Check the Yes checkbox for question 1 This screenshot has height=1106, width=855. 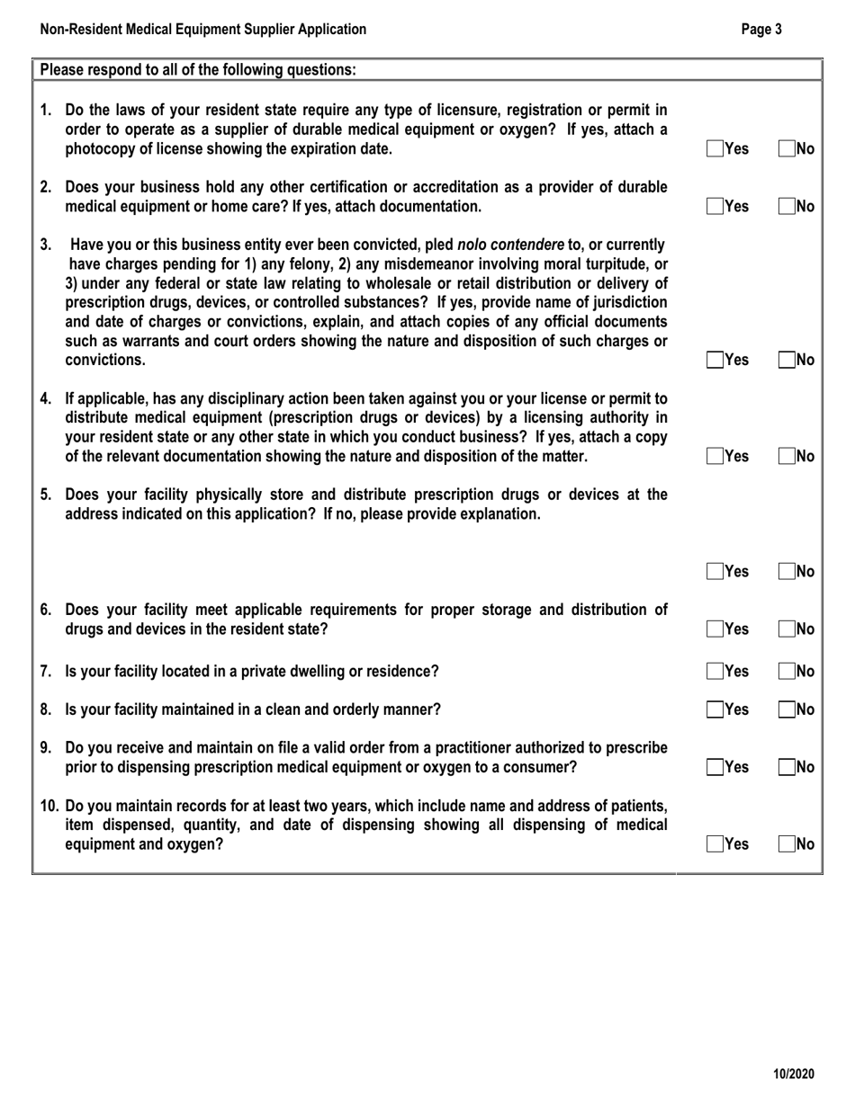(715, 149)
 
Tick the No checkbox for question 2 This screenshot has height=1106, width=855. (787, 206)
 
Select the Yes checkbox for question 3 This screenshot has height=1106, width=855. (715, 361)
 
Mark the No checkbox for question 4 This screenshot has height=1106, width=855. (787, 456)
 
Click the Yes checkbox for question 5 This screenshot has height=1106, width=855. (715, 571)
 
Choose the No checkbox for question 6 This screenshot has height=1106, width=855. (787, 629)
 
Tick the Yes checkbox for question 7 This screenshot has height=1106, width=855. (715, 671)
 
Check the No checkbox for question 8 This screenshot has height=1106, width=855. (787, 709)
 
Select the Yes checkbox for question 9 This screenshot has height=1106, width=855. (715, 767)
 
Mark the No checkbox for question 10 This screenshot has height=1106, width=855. (787, 843)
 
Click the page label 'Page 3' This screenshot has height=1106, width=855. (761, 29)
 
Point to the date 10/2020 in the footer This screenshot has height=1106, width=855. (794, 1074)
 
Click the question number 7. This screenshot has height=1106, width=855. (47, 672)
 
